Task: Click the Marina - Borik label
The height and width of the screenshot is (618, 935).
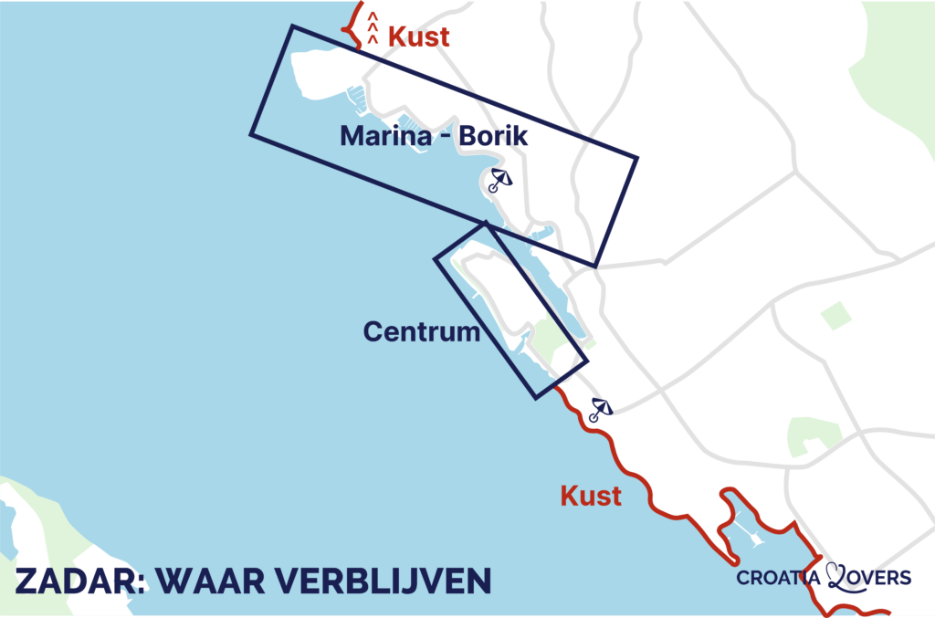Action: pos(434,137)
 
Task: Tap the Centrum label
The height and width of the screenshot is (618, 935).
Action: pos(421,331)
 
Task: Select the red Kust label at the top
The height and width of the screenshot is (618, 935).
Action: pos(419,37)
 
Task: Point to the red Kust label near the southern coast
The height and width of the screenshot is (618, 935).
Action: pos(591,497)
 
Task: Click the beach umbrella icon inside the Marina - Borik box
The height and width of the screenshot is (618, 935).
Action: pos(499,180)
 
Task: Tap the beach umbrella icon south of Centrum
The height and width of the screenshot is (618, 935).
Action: pos(600,409)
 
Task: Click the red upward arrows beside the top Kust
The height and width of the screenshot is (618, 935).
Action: pos(373,27)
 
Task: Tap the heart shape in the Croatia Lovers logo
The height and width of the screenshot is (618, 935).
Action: pos(837,575)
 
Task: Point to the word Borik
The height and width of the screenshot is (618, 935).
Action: pos(493,137)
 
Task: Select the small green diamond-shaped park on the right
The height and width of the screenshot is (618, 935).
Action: pos(835,315)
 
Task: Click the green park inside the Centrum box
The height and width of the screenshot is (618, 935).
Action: pos(551,337)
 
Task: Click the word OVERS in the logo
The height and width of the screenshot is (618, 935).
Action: pos(881,578)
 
